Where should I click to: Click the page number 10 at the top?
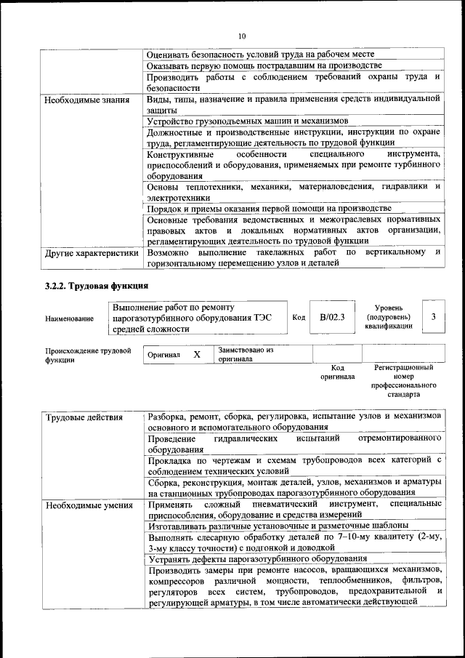coord(242,36)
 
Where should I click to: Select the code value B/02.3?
coord(331,318)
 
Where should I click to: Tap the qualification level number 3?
coord(433,317)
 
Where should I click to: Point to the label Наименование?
coord(69,318)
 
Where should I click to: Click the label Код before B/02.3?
coord(299,318)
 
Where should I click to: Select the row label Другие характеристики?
coord(91,254)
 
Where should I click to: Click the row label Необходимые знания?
coord(87,100)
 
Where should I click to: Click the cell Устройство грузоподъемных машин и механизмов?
coord(248,121)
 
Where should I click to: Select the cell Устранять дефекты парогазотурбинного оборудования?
coord(256,558)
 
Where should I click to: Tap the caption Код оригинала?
coord(337,372)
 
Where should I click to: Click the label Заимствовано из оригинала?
coord(246,354)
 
